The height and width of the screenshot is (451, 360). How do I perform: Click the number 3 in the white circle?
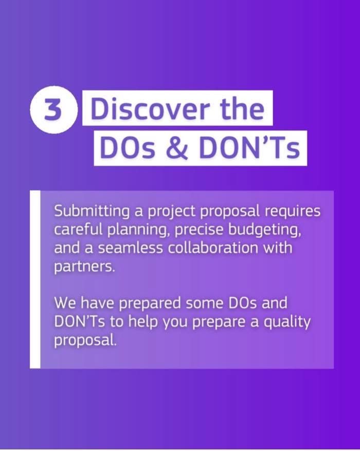53,110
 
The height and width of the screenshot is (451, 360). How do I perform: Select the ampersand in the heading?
177,148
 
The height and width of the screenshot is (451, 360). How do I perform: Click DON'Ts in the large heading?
249,148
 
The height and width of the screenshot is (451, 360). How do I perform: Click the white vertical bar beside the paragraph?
35,279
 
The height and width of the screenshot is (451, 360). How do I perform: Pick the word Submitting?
92,212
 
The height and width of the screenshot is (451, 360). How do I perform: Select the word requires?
292,212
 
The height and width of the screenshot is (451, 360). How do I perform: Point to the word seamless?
131,248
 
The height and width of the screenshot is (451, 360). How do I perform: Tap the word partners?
84,267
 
